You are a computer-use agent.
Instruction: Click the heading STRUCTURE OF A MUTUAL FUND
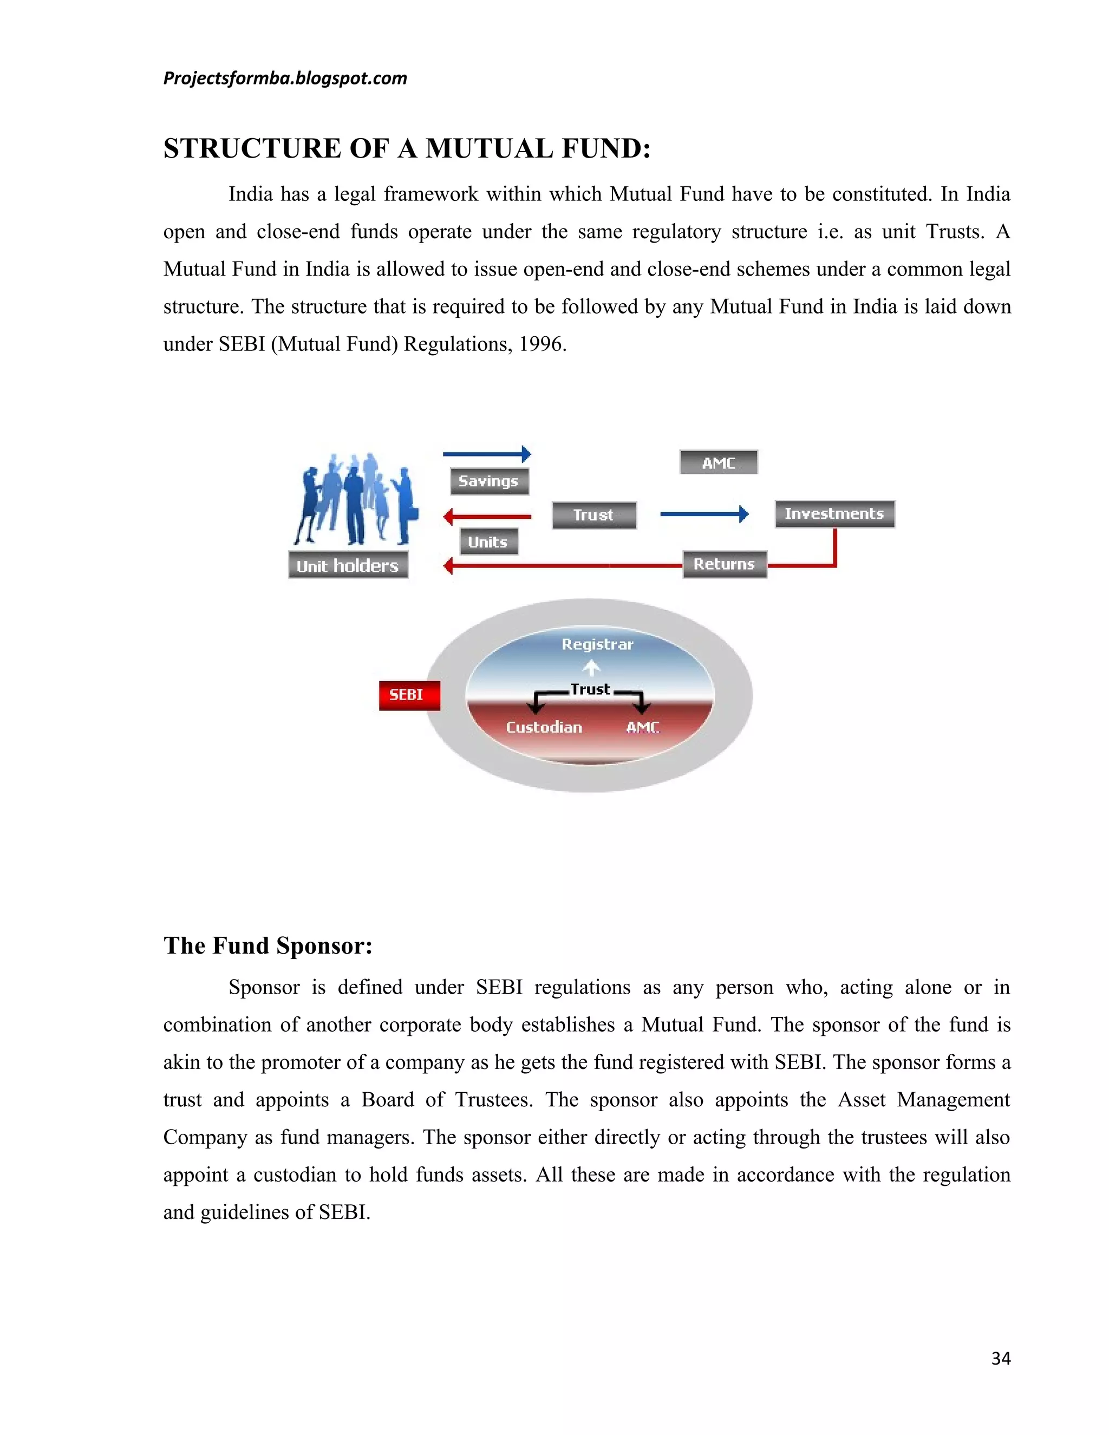(x=407, y=148)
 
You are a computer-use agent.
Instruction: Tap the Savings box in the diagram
(x=489, y=481)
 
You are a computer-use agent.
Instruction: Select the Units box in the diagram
(x=488, y=542)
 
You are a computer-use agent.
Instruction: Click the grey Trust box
(x=594, y=515)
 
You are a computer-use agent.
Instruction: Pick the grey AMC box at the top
(x=718, y=462)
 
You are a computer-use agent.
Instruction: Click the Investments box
(x=834, y=514)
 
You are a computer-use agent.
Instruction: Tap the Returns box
(x=724, y=564)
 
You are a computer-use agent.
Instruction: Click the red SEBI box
(x=409, y=695)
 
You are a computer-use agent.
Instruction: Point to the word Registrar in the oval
(x=597, y=644)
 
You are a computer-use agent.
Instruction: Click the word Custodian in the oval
(x=544, y=727)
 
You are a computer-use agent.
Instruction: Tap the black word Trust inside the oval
(x=590, y=689)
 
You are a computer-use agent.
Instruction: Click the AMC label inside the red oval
(x=642, y=727)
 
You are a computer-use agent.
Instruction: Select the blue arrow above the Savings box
(x=487, y=454)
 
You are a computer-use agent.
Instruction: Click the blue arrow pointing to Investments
(x=703, y=514)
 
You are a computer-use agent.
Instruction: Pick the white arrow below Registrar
(x=592, y=668)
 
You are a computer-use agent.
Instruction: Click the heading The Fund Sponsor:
(x=268, y=945)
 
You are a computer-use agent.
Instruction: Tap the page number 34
(x=1000, y=1359)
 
